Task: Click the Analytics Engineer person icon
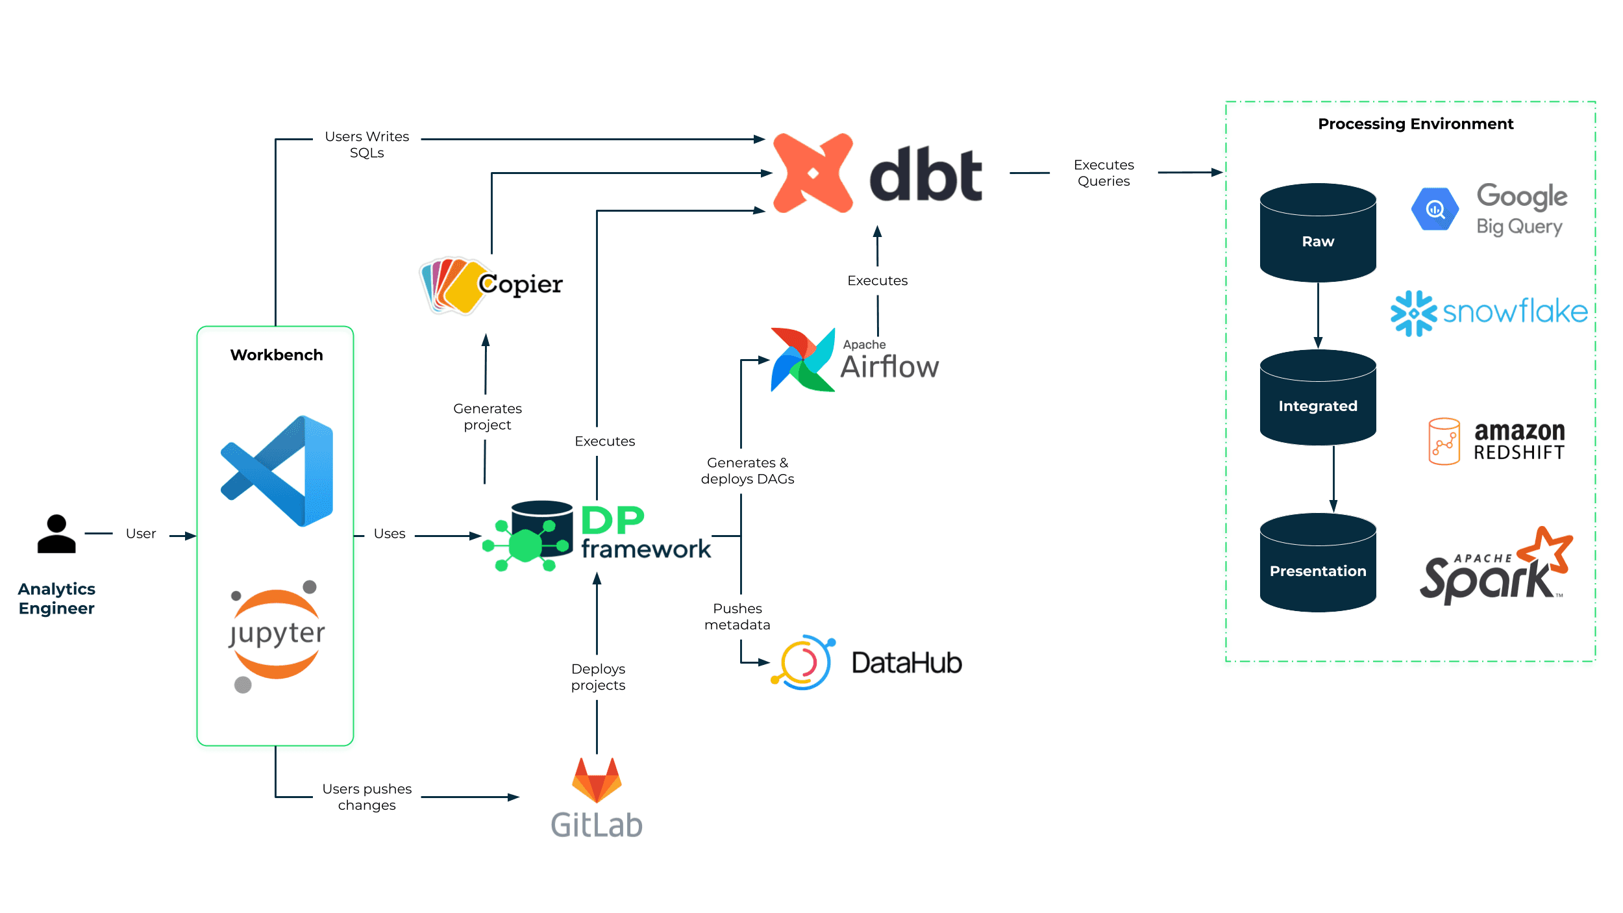click(x=56, y=534)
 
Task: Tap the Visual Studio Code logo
click(x=277, y=471)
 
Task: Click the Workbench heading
click(x=277, y=355)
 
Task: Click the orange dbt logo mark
click(x=813, y=173)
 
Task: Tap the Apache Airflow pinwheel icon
click(x=803, y=360)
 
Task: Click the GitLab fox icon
click(x=597, y=780)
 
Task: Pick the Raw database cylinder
click(x=1318, y=232)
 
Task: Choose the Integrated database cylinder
click(x=1318, y=397)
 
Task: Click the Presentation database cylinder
click(x=1318, y=562)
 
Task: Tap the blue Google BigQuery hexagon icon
click(x=1435, y=209)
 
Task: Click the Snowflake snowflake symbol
click(x=1414, y=314)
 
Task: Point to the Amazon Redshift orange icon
click(x=1444, y=442)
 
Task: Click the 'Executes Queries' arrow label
click(x=1104, y=173)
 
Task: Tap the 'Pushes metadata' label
click(x=737, y=616)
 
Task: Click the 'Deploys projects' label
click(x=598, y=677)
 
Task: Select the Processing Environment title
click(x=1416, y=124)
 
